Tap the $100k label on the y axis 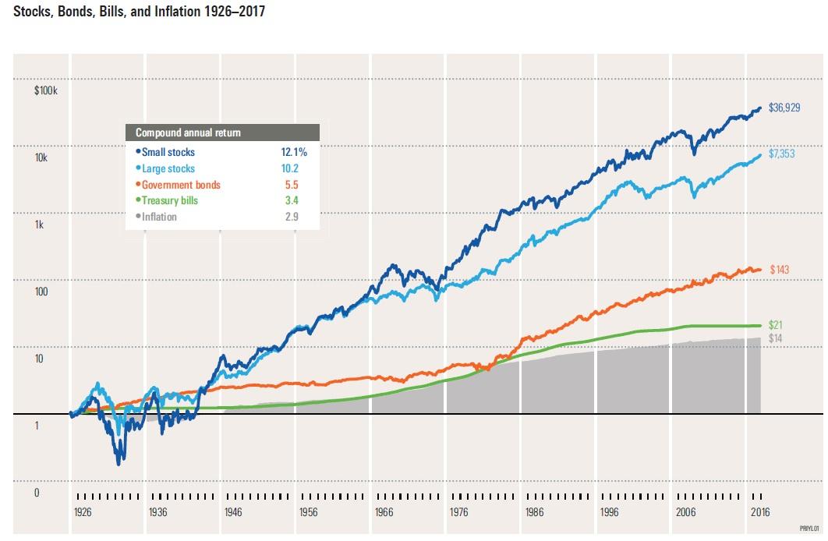click(x=47, y=90)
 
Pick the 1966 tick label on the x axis click(x=384, y=512)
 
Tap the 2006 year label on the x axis click(x=685, y=512)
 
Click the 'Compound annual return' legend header click(x=188, y=133)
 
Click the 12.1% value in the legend click(x=295, y=153)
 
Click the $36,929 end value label click(x=785, y=108)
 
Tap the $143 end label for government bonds click(x=780, y=269)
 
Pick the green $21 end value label click(x=776, y=324)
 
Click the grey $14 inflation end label click(x=776, y=338)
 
